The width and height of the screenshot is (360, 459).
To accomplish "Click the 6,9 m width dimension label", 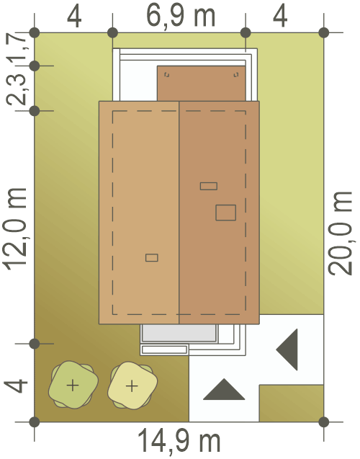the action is pyautogui.click(x=181, y=17).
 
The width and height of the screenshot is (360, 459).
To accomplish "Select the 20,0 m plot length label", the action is pyautogui.click(x=340, y=233).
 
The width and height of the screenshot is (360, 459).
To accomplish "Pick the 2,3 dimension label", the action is pyautogui.click(x=16, y=89).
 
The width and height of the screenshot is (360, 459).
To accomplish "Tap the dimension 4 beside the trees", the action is pyautogui.click(x=16, y=386).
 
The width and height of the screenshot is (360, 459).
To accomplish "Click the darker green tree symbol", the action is pyautogui.click(x=73, y=385).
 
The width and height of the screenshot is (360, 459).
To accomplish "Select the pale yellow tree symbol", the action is pyautogui.click(x=132, y=386).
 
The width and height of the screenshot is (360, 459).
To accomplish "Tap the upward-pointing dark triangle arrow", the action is pyautogui.click(x=224, y=391).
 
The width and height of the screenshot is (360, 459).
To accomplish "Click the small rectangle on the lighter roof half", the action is pyautogui.click(x=152, y=258).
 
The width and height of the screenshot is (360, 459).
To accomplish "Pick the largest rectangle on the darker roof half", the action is pyautogui.click(x=226, y=213).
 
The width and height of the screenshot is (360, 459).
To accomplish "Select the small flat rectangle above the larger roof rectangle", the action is pyautogui.click(x=209, y=186).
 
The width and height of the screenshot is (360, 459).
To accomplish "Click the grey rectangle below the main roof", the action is pyautogui.click(x=179, y=333).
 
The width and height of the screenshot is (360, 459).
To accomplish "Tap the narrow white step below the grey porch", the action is pyautogui.click(x=164, y=349).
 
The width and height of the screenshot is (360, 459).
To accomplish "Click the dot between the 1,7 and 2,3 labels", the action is pyautogui.click(x=35, y=66).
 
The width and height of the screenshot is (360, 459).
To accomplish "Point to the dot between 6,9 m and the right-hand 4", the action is pyautogui.click(x=246, y=33).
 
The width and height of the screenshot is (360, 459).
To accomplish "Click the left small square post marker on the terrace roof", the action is pyautogui.click(x=167, y=75).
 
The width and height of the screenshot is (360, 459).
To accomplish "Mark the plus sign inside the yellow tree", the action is pyautogui.click(x=132, y=386).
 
